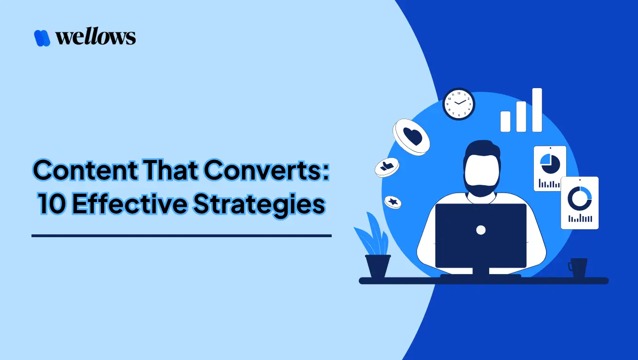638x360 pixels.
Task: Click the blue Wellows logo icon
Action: tap(42, 38)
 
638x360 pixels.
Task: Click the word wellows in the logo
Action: tap(96, 37)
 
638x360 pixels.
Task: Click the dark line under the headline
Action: tap(181, 236)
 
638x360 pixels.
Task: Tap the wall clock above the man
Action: tap(459, 104)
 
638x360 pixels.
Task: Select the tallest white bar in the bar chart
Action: tap(537, 110)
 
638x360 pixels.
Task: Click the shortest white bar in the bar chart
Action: tap(505, 121)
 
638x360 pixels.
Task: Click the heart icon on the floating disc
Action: tap(412, 136)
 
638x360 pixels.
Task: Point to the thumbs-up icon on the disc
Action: tap(387, 166)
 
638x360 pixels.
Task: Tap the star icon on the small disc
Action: tap(393, 202)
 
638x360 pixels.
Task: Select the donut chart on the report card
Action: tap(579, 198)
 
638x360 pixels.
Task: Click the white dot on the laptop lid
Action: tap(480, 230)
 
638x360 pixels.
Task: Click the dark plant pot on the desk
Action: tap(378, 266)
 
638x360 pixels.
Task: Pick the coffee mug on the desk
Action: tap(578, 267)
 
